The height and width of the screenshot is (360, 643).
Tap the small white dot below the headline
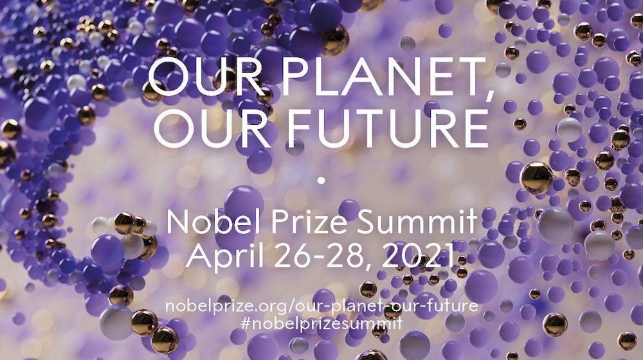(321, 180)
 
